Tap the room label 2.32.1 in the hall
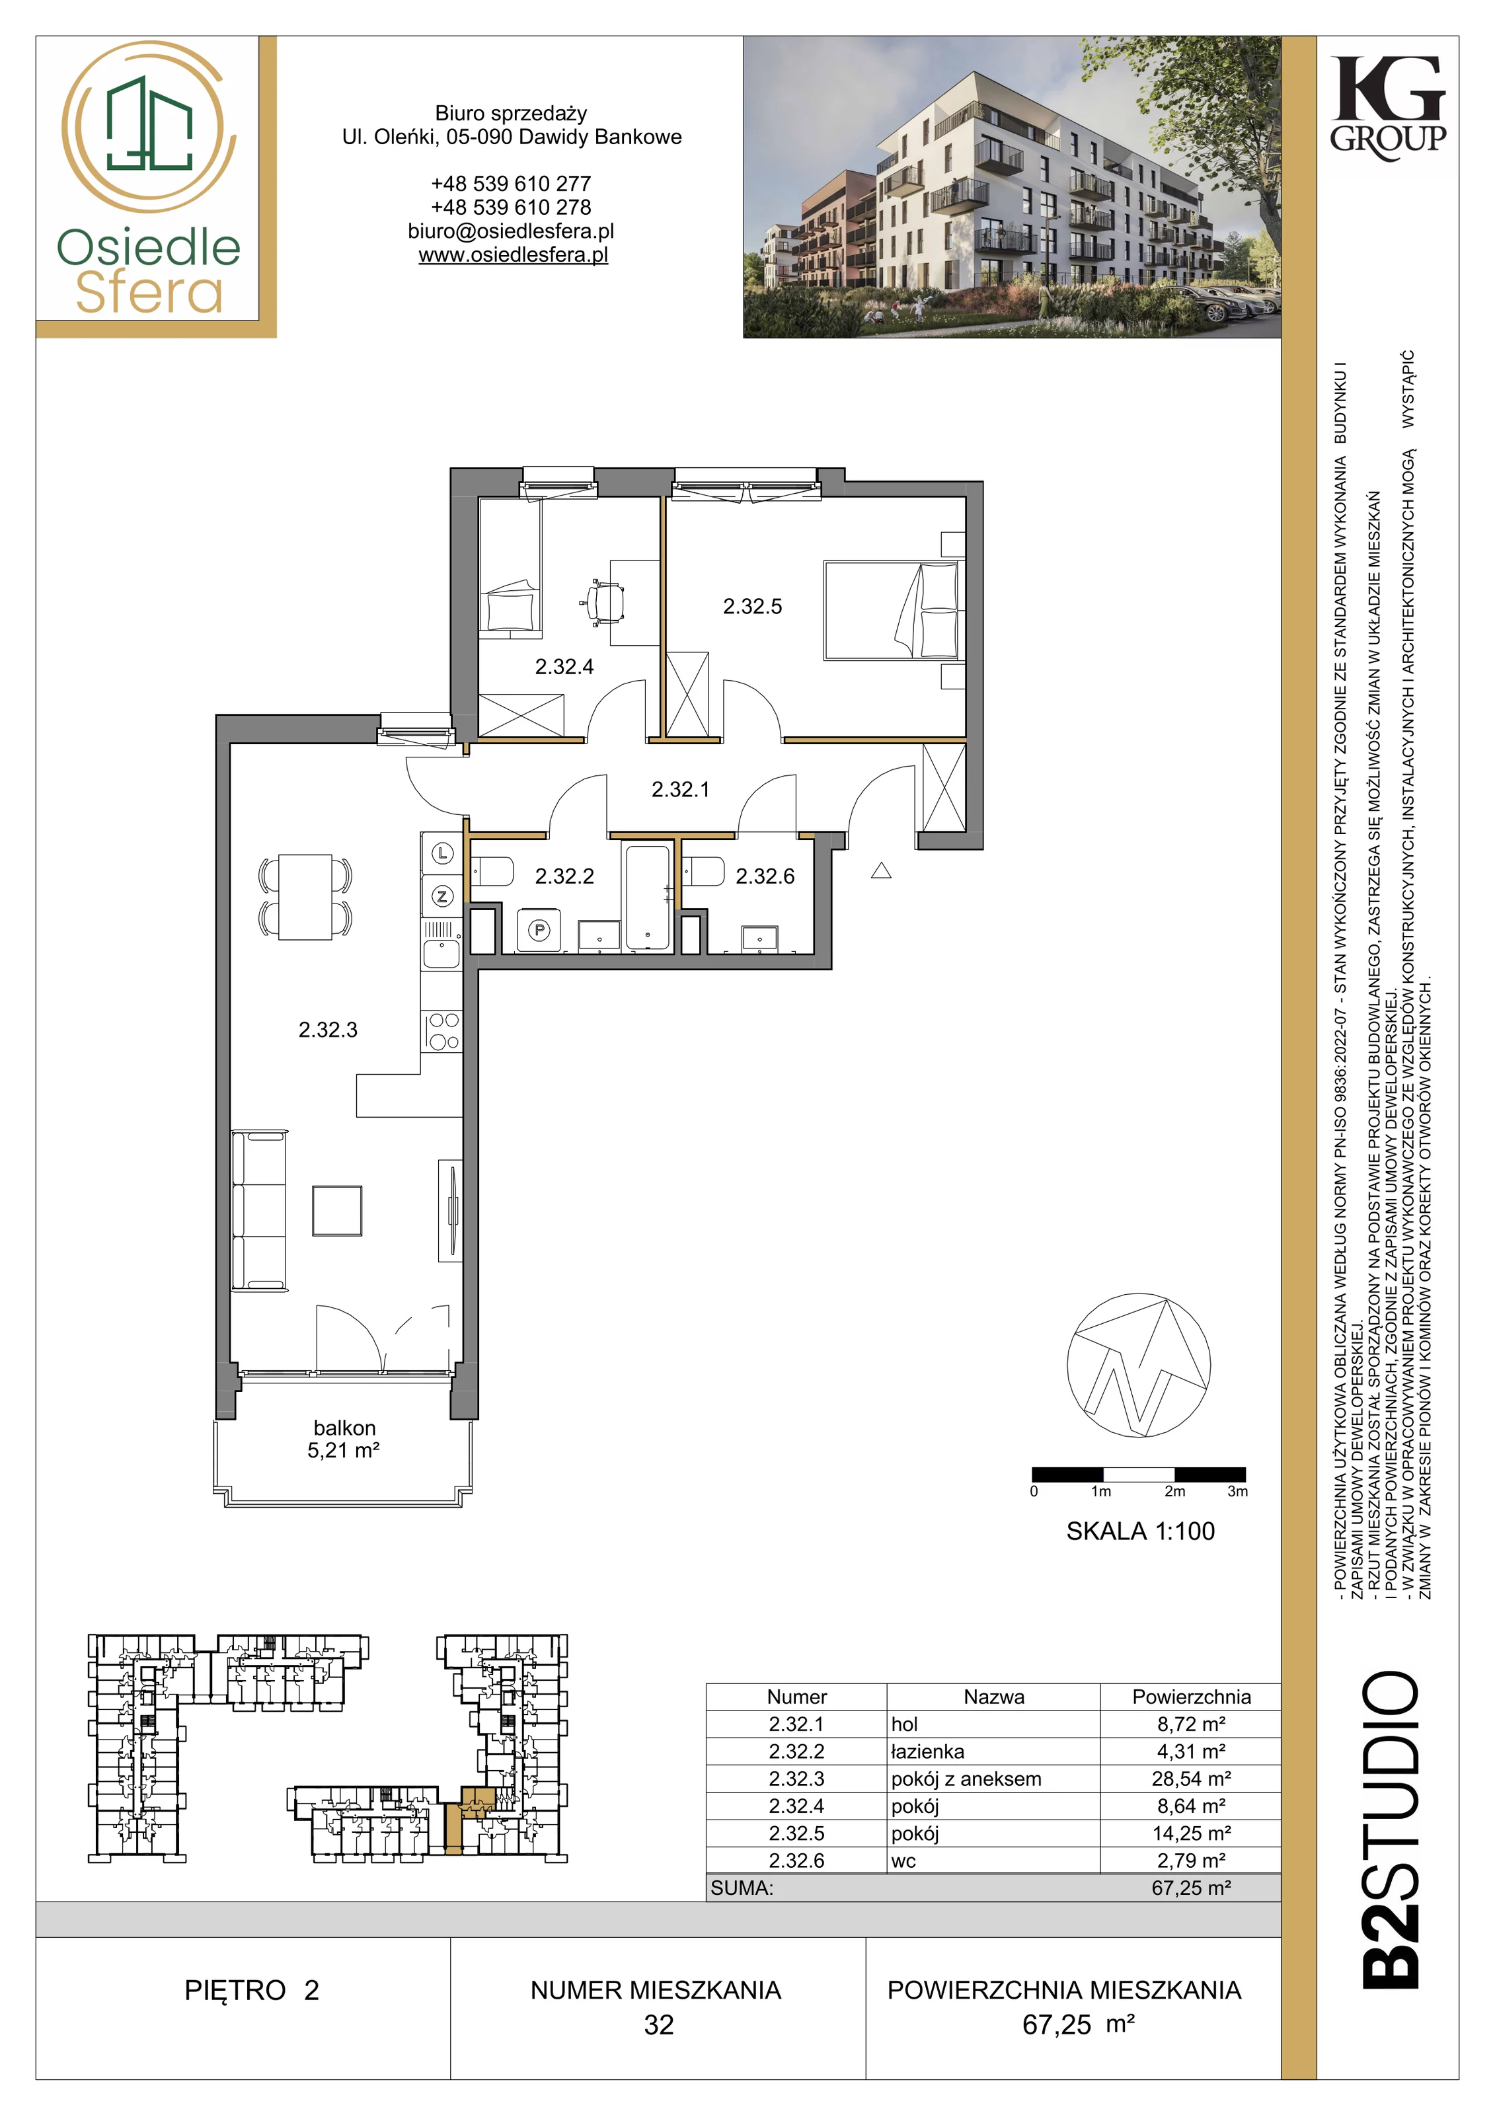[680, 789]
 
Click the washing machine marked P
[539, 931]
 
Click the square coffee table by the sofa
[337, 1210]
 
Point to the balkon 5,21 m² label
[344, 1439]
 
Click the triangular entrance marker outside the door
[880, 870]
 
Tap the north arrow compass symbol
[1139, 1366]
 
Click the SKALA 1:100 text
[1140, 1531]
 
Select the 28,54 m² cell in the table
[1191, 1779]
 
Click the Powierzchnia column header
[1191, 1697]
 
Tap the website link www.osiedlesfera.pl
[513, 255]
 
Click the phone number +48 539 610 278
[512, 208]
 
